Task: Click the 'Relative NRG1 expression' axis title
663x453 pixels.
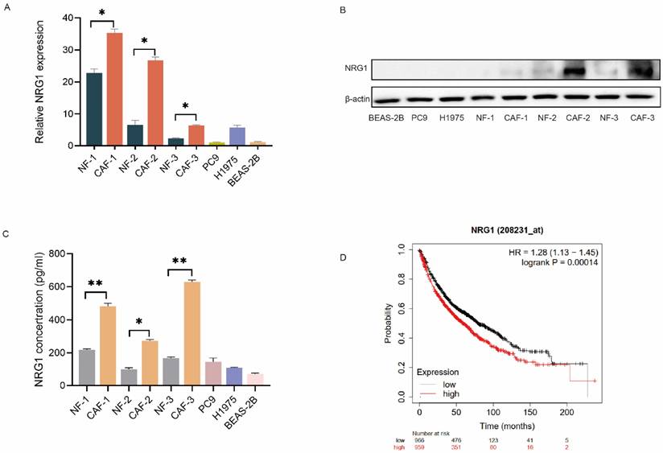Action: [x=40, y=81]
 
